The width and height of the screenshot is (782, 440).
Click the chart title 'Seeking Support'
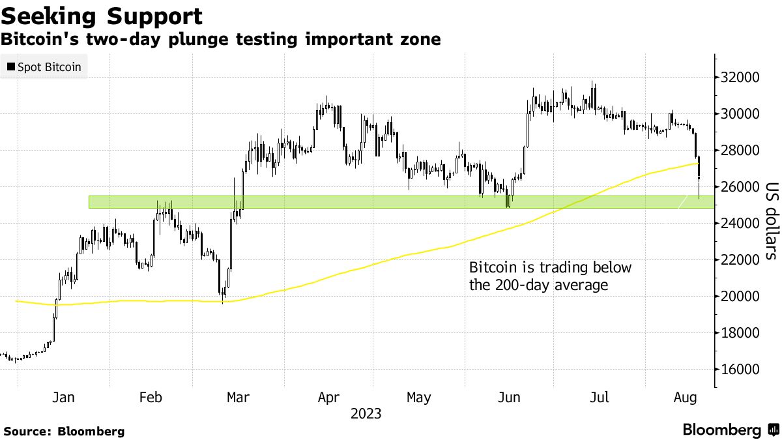point(101,16)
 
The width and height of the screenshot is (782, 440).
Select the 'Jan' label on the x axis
point(63,398)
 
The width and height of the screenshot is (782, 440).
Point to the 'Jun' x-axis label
point(508,398)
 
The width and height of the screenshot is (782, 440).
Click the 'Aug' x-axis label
point(685,398)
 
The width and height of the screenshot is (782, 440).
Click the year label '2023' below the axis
point(366,414)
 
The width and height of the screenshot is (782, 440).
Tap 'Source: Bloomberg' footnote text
point(64,431)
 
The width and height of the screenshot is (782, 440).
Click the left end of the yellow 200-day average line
point(16,301)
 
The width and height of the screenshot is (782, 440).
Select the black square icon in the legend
point(10,67)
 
